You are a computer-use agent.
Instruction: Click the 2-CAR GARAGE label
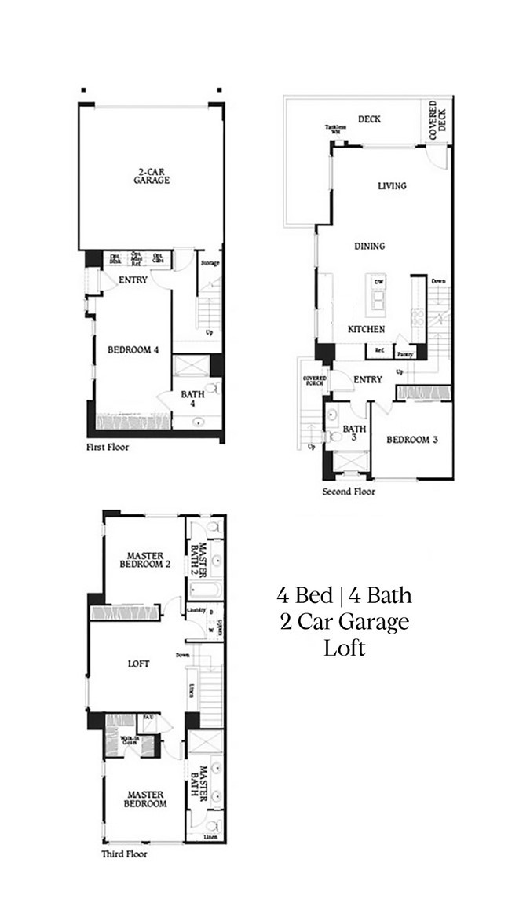tap(152, 174)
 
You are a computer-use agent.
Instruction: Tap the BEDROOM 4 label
tap(127, 350)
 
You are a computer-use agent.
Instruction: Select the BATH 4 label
tap(192, 400)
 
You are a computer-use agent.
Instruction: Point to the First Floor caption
tap(108, 447)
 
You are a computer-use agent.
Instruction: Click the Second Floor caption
tap(349, 492)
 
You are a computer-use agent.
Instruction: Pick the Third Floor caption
tap(124, 854)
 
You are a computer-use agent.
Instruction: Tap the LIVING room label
tap(392, 186)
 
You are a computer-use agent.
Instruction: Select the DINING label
tap(369, 246)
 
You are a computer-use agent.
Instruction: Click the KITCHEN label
tap(366, 329)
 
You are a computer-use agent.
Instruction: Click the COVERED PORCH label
tap(315, 382)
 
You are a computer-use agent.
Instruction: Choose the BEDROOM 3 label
tap(412, 440)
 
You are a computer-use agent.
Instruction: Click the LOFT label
tap(138, 664)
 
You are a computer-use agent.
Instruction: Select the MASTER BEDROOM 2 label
tap(145, 560)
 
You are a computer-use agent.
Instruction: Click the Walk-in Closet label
tap(130, 740)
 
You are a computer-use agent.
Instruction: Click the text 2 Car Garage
tap(344, 622)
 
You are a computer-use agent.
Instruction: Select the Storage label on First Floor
tap(210, 263)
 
